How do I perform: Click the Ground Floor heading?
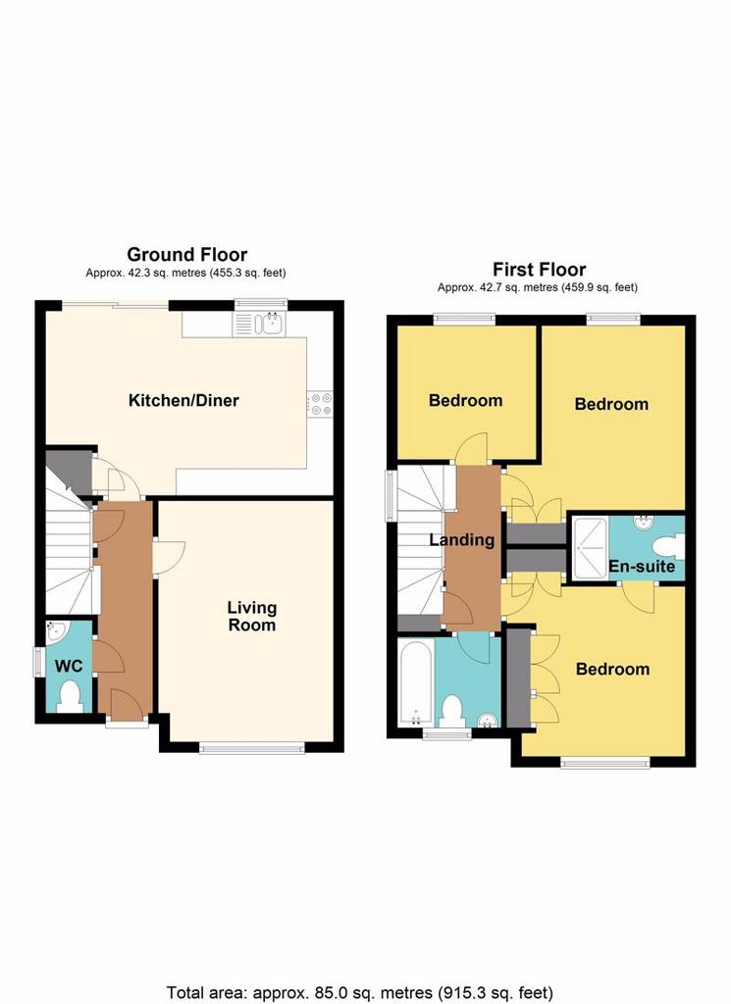click(187, 254)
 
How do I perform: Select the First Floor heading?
click(539, 269)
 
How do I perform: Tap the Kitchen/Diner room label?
click(183, 401)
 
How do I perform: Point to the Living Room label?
click(252, 616)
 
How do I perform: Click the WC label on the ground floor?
click(69, 666)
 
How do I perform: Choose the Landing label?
click(462, 540)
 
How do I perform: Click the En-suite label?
click(642, 566)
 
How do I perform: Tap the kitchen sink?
click(259, 324)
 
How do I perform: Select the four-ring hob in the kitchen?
click(320, 403)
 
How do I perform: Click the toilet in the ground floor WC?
click(70, 697)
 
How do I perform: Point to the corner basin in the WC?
click(56, 631)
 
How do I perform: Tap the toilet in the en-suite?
click(668, 547)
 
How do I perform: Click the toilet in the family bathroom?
click(453, 712)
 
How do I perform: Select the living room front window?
click(252, 747)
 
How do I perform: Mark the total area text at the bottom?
click(360, 993)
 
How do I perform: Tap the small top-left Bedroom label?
click(466, 401)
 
